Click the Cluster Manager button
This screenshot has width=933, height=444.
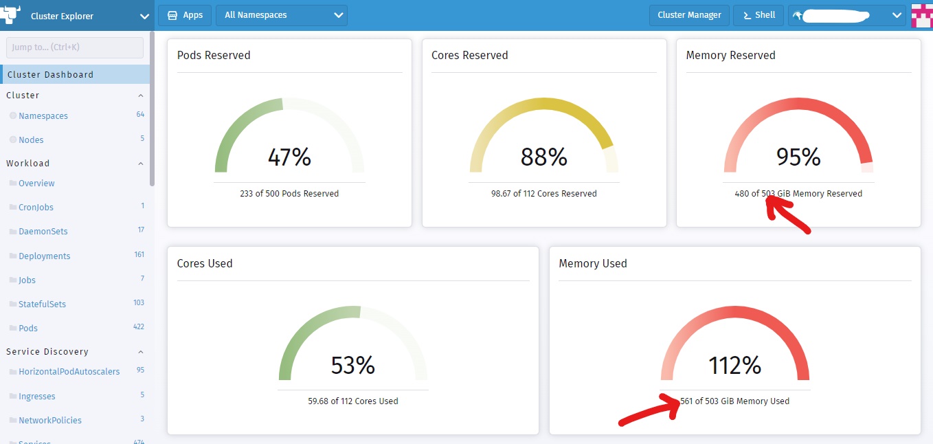tap(689, 15)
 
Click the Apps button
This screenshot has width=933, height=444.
tap(185, 15)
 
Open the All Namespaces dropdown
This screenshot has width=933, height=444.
tap(281, 15)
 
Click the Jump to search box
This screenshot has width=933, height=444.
tap(75, 47)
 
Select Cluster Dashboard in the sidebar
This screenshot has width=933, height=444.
tap(50, 74)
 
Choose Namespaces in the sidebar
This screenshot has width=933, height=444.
tap(43, 116)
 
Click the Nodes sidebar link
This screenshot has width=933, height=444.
tap(31, 140)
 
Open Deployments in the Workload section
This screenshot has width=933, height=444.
tap(45, 256)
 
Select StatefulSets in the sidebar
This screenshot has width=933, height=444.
tap(43, 304)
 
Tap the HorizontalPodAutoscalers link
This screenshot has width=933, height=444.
tap(69, 372)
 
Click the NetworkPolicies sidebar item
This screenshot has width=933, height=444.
tap(50, 420)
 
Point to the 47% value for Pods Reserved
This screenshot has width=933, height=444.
tap(289, 157)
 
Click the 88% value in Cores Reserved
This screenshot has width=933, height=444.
tap(543, 157)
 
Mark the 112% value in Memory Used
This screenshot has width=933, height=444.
tap(734, 365)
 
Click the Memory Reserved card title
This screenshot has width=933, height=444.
tap(730, 56)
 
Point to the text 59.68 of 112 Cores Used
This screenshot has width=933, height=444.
tap(352, 401)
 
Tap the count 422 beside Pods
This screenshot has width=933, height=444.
tap(138, 327)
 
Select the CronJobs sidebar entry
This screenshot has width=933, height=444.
tap(36, 207)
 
